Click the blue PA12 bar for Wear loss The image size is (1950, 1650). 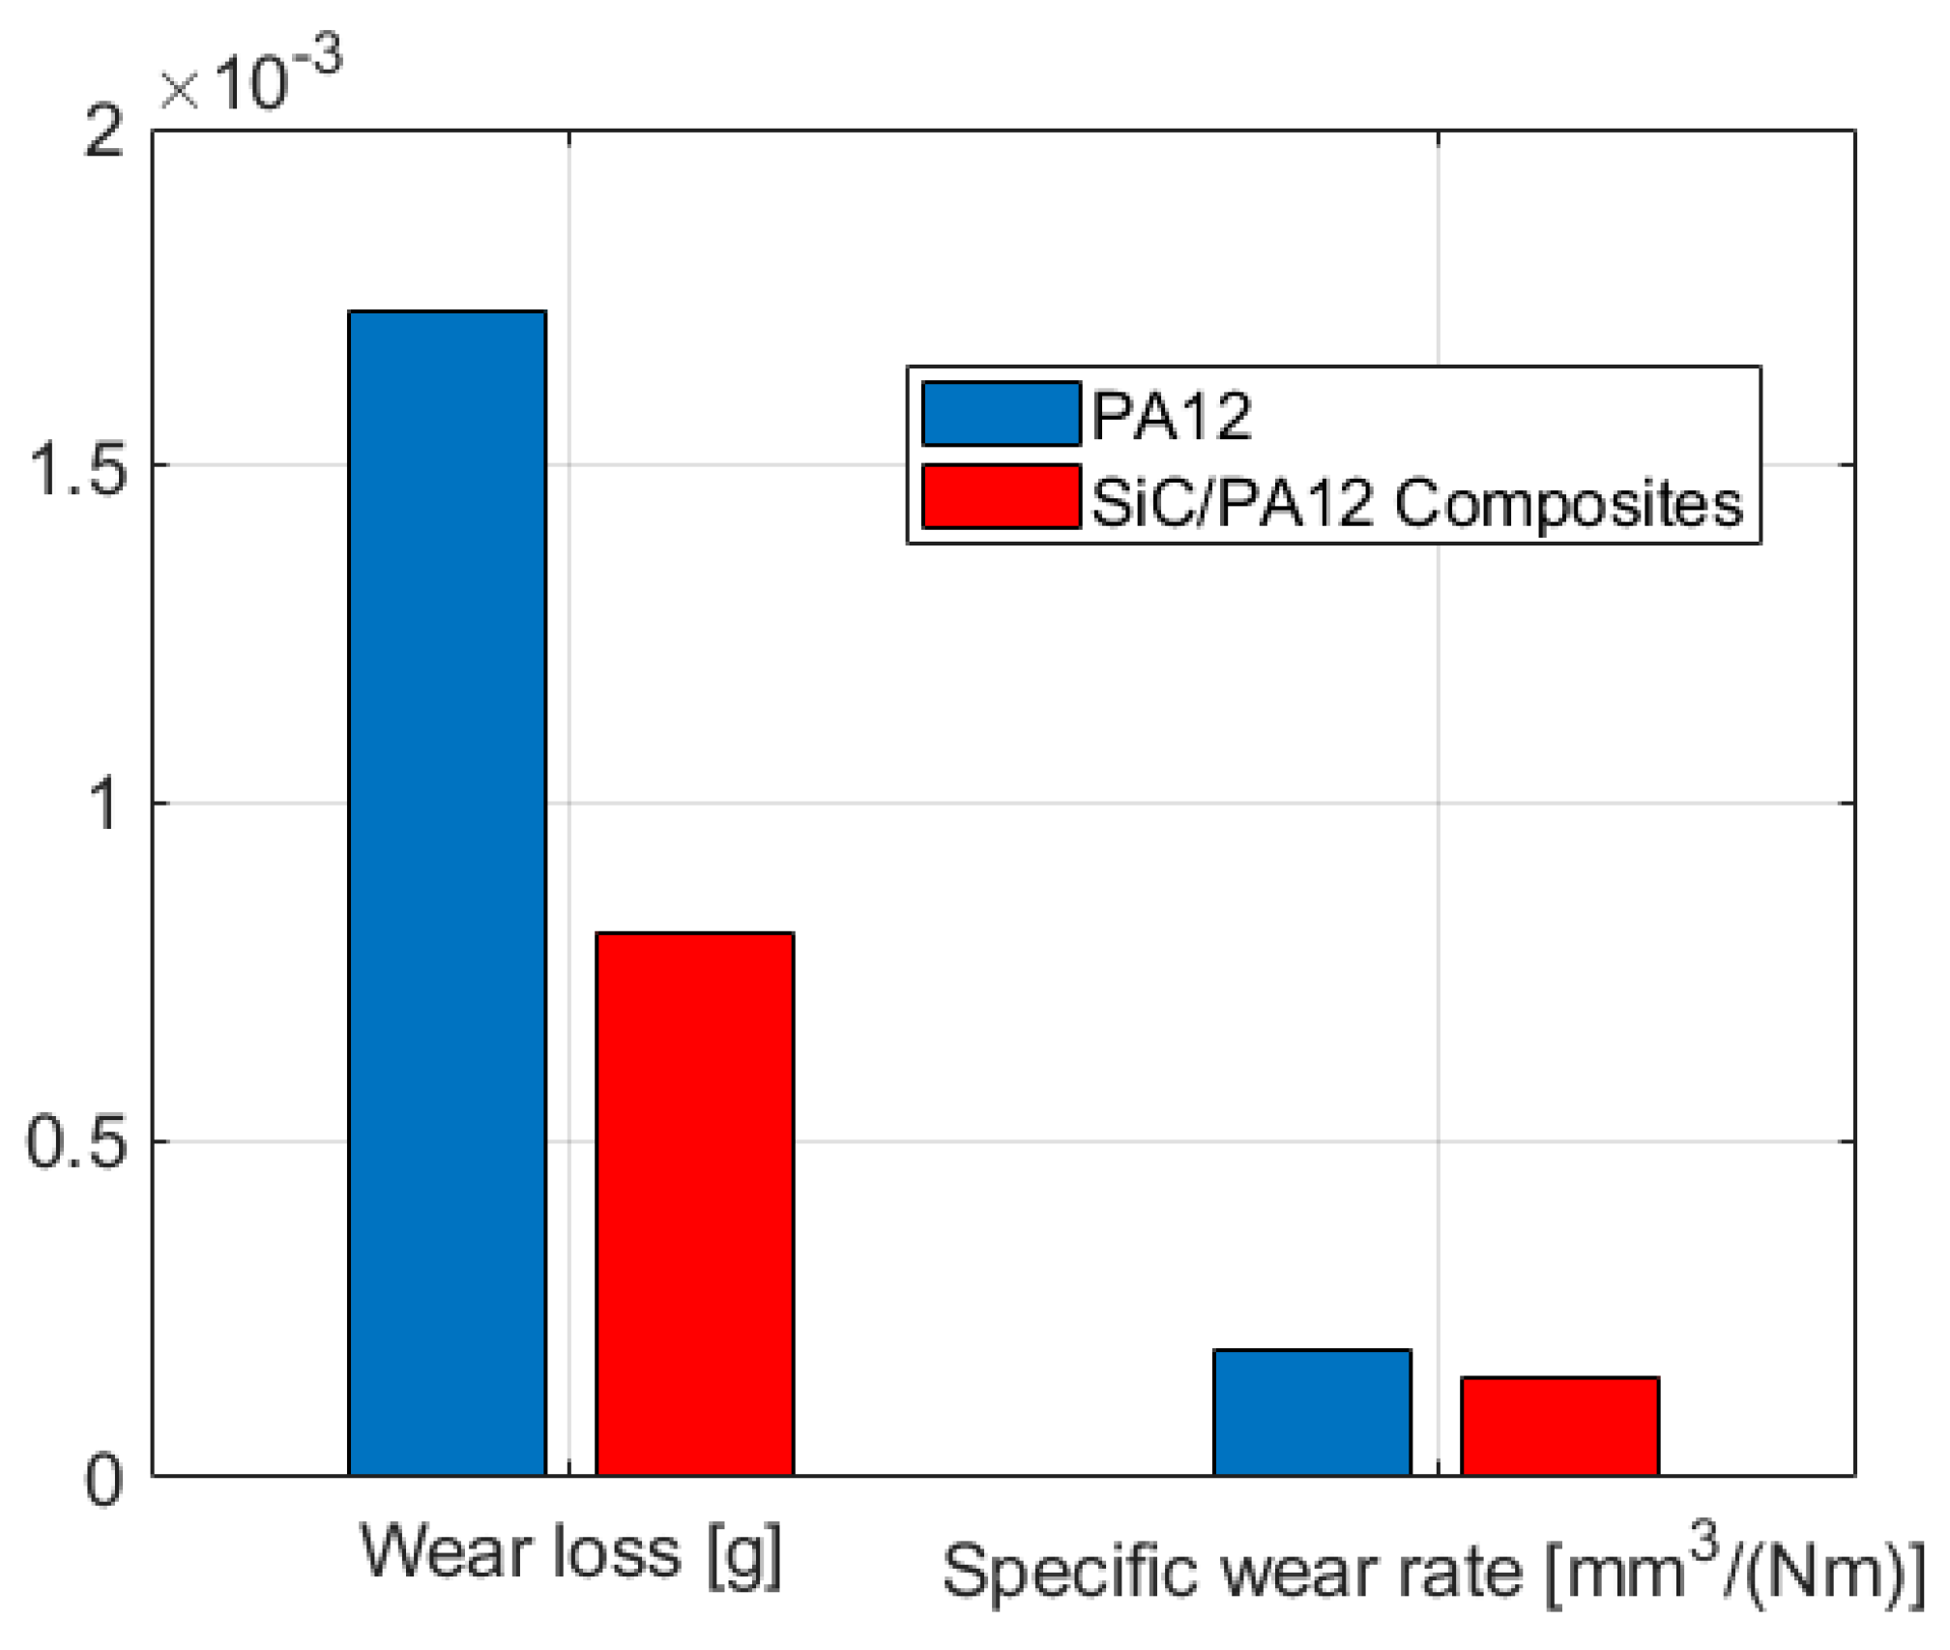pos(447,890)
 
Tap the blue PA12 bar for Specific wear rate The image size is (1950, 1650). pos(1312,1411)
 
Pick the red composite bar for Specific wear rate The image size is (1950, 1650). pos(1559,1425)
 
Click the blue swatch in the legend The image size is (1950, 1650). pos(1001,414)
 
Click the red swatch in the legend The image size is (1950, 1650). pos(1001,496)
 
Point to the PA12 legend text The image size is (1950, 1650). pos(1172,417)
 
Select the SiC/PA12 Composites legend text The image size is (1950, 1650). pos(1416,503)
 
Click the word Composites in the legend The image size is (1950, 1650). pos(1568,503)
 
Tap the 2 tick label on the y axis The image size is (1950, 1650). pos(104,131)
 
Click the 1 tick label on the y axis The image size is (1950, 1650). pos(104,804)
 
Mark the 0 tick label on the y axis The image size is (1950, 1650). pos(104,1479)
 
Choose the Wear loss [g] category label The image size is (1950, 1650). pos(570,1553)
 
